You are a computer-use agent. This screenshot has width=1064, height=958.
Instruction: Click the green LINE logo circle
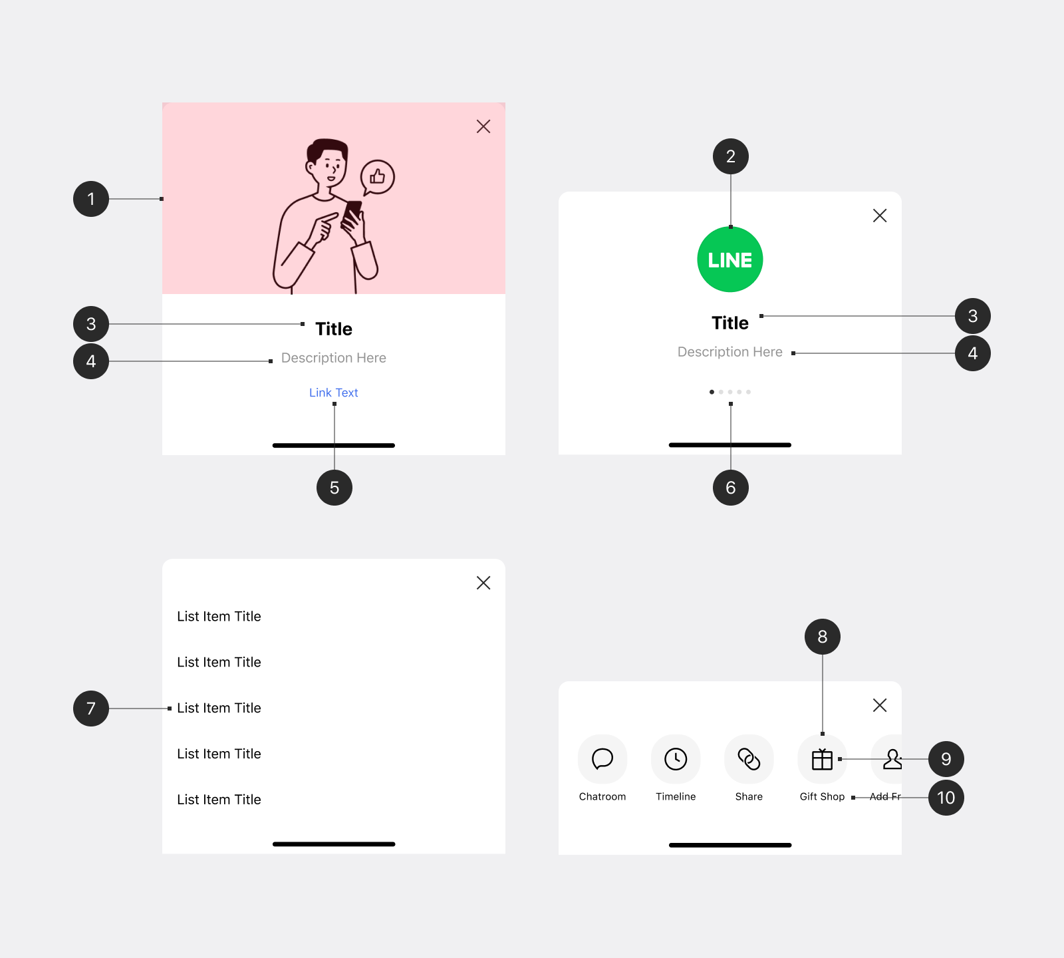(x=730, y=259)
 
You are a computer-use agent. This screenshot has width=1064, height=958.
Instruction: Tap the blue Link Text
(x=334, y=393)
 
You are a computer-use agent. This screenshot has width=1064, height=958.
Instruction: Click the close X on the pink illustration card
(x=483, y=126)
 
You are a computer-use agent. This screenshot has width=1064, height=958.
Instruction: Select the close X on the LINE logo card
(x=880, y=216)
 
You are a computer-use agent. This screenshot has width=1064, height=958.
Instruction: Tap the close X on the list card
(x=483, y=583)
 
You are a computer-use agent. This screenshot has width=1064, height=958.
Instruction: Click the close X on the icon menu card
(x=880, y=705)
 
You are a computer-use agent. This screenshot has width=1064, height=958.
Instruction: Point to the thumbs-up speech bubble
(x=377, y=178)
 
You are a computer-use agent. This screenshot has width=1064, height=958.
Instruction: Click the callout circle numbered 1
(x=91, y=199)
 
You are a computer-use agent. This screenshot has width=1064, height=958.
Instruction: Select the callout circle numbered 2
(x=731, y=156)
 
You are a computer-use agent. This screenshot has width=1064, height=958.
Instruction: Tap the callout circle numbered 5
(x=334, y=488)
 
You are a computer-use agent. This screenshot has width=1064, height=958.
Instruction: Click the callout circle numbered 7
(x=91, y=709)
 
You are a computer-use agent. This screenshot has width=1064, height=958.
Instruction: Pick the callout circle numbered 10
(x=946, y=798)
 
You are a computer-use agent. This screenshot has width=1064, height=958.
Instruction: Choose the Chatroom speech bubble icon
(x=602, y=759)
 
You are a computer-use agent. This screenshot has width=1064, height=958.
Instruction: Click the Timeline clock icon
(x=676, y=759)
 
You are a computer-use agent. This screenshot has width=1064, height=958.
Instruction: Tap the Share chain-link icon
(x=749, y=759)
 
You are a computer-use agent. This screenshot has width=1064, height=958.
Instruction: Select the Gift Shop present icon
(x=822, y=759)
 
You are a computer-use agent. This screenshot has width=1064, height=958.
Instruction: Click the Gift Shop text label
(x=822, y=796)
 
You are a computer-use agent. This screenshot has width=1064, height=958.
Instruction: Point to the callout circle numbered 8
(x=823, y=637)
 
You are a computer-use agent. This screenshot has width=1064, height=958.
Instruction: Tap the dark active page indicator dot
(x=712, y=392)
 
